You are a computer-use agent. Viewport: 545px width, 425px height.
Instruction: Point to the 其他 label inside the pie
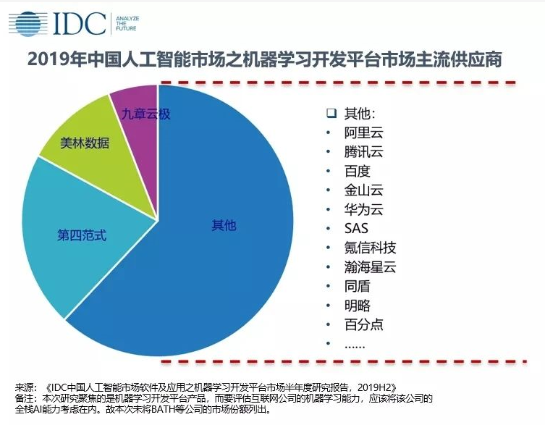click(x=223, y=225)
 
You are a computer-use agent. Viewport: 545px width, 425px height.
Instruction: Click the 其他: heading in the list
click(x=360, y=114)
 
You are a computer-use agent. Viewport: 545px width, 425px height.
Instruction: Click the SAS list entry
click(x=357, y=229)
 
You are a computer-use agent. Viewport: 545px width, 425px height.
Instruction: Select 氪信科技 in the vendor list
click(x=370, y=248)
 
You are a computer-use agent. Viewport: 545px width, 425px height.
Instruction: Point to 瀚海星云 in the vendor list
click(x=370, y=267)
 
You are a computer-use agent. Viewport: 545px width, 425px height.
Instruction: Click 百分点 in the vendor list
click(x=363, y=324)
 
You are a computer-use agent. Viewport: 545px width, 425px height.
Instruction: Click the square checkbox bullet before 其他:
click(x=331, y=114)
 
